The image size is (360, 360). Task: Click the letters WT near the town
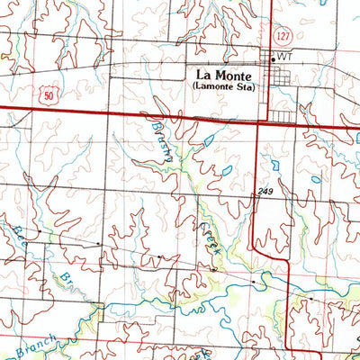[x=287, y=57]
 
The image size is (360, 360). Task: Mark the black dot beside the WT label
[x=274, y=57]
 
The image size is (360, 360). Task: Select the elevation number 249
[x=264, y=192]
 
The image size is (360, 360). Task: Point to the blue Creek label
[x=204, y=238]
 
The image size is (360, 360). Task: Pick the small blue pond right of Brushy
[x=209, y=140]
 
